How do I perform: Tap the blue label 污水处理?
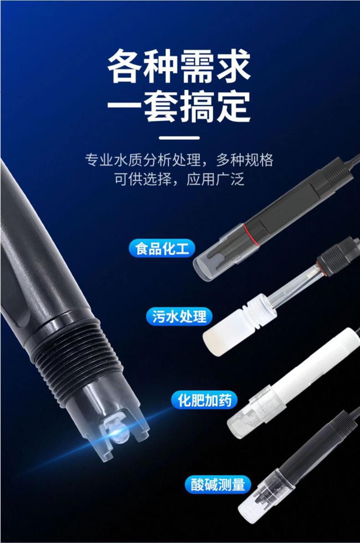pyautogui.click(x=179, y=316)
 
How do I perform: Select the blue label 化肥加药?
pyautogui.click(x=204, y=400)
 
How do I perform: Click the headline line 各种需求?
pyautogui.click(x=179, y=66)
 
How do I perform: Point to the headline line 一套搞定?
pyautogui.click(x=179, y=106)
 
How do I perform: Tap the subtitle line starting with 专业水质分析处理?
pyautogui.click(x=179, y=160)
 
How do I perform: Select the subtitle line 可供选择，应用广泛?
pyautogui.click(x=180, y=179)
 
